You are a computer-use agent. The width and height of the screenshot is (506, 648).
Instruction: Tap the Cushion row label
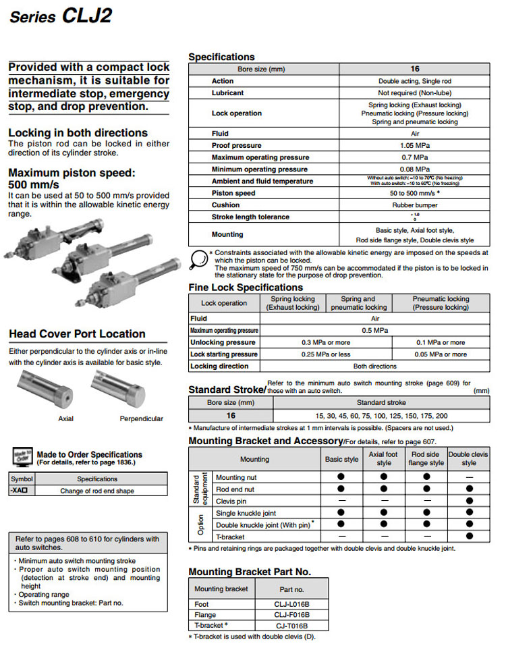pos(225,205)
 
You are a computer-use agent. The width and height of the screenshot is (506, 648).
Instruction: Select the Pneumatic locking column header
pos(440,303)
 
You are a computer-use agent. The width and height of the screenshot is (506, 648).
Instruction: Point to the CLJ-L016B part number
pos(292,603)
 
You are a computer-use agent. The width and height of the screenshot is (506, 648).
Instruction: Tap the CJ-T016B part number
pos(292,626)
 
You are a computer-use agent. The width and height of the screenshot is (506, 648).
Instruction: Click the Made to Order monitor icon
pos(23,457)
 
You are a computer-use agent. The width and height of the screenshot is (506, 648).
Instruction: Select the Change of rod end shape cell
pos(97,491)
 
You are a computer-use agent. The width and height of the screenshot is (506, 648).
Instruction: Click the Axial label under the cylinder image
pos(66,418)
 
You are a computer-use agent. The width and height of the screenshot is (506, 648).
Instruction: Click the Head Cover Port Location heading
pos(77,334)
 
